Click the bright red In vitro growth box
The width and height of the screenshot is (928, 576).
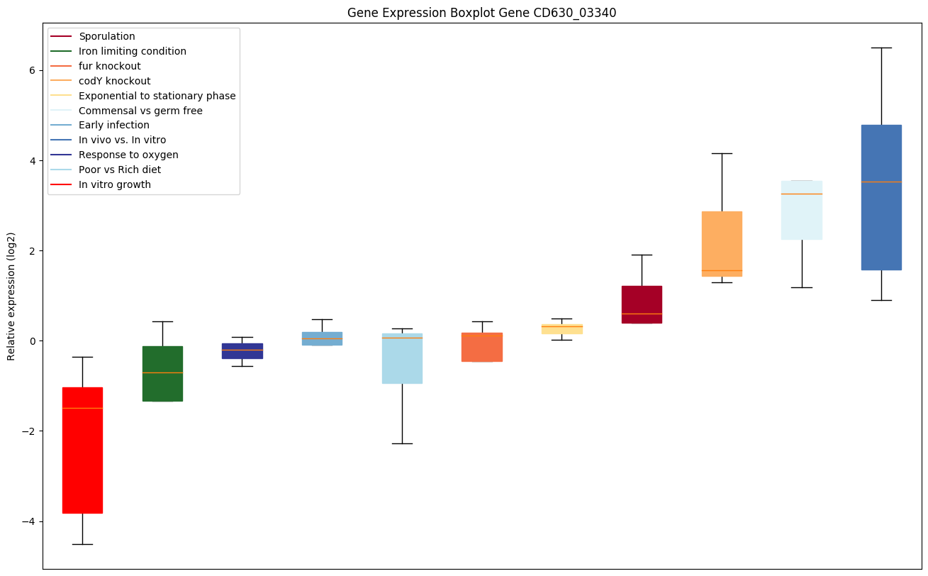click(82, 450)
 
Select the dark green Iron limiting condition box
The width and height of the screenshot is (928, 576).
click(162, 374)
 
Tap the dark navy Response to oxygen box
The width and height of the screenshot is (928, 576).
click(242, 351)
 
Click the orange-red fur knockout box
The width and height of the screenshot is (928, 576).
click(482, 347)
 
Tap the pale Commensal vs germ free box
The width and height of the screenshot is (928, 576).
click(801, 210)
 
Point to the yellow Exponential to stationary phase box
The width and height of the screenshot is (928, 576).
click(561, 328)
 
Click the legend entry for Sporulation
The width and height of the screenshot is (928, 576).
click(107, 36)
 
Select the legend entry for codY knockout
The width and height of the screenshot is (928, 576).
click(114, 81)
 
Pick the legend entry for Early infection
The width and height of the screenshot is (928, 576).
click(114, 125)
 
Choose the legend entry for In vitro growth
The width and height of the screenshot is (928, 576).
click(115, 184)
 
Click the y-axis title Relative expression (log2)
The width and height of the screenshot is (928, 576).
click(11, 296)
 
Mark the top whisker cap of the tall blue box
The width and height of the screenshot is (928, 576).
click(881, 48)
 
